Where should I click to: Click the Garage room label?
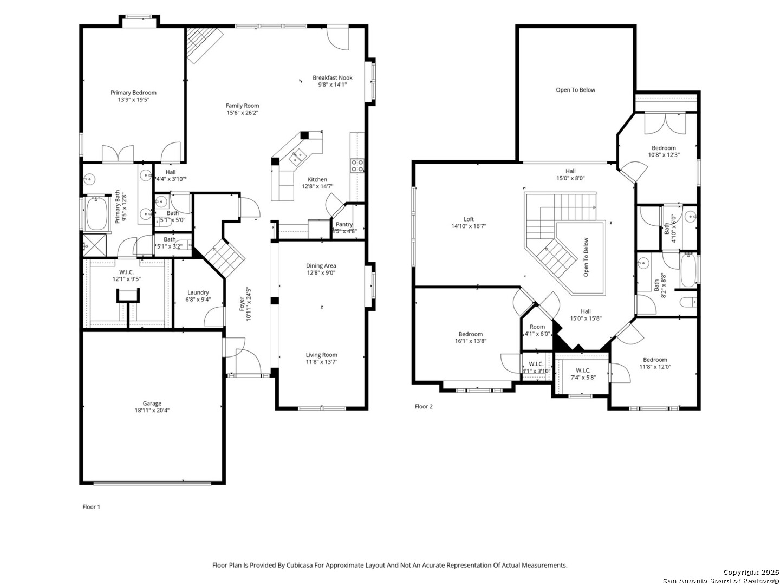(152, 403)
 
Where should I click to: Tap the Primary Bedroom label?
(133, 92)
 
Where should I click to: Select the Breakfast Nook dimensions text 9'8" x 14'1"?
(332, 84)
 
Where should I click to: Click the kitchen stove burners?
(357, 166)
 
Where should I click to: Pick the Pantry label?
(344, 224)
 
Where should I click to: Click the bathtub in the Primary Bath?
(96, 213)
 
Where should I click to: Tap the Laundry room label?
(198, 292)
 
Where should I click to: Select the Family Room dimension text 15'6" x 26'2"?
(242, 113)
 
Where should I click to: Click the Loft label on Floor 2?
(469, 219)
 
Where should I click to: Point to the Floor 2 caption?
(424, 406)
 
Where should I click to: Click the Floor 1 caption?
(91, 507)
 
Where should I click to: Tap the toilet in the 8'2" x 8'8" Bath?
(687, 302)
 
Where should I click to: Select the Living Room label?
(321, 354)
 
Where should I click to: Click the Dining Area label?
(321, 265)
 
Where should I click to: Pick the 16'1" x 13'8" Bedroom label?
(471, 334)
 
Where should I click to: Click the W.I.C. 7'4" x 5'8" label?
(583, 370)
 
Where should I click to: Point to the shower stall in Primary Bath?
(95, 245)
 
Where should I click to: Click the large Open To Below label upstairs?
(575, 90)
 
